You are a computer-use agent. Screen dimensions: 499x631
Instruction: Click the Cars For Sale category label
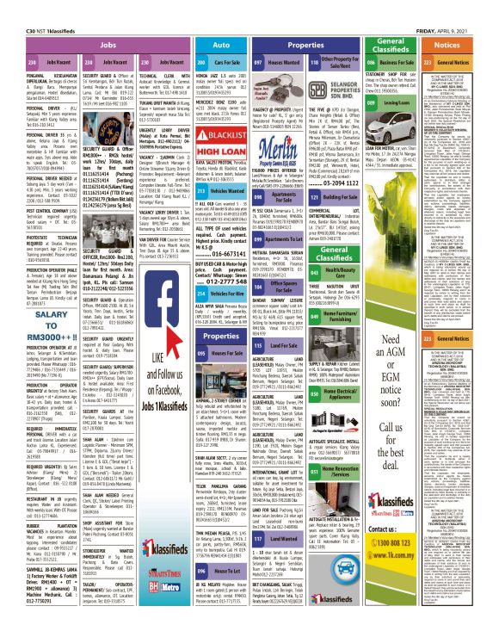[x=230, y=63]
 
